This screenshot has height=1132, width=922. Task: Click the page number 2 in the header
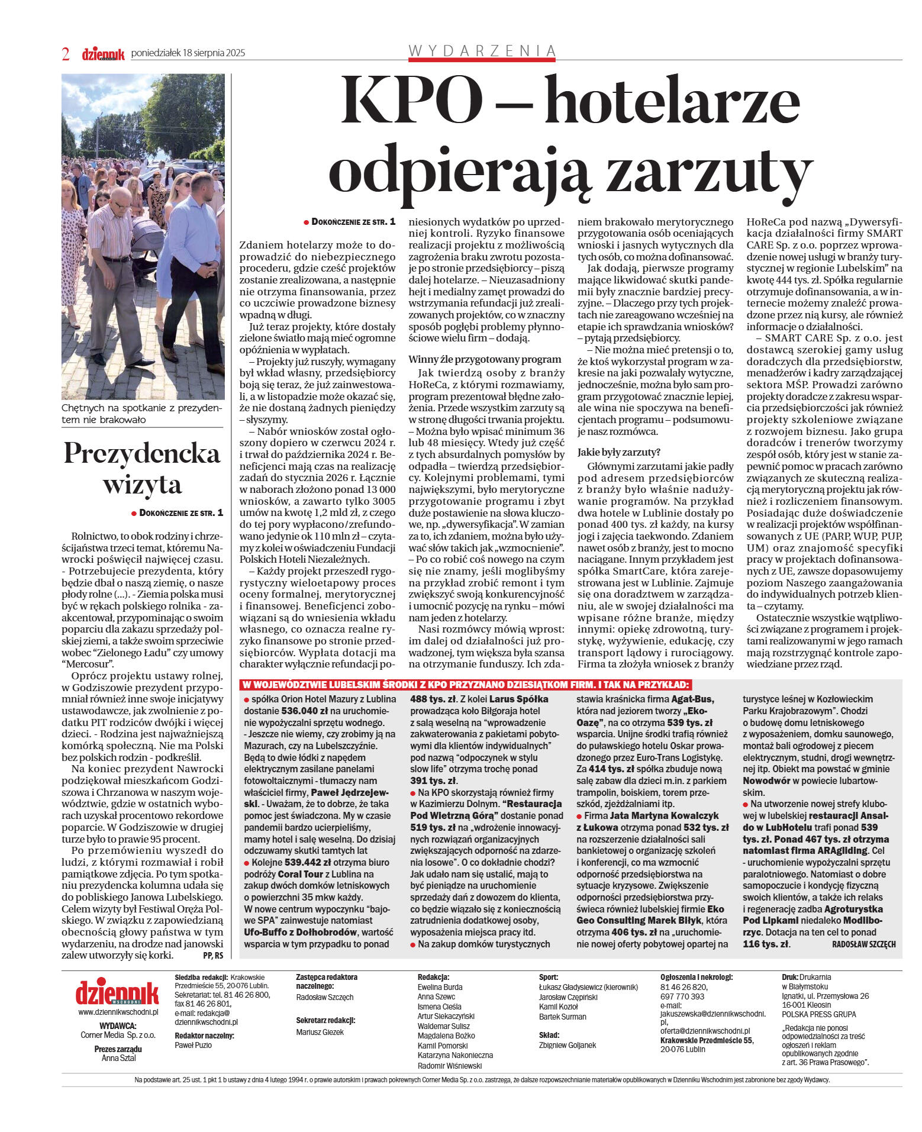(x=66, y=54)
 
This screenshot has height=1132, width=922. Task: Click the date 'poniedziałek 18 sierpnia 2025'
(x=188, y=53)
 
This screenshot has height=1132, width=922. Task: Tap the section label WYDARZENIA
(x=482, y=51)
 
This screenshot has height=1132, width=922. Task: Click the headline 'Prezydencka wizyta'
(x=142, y=467)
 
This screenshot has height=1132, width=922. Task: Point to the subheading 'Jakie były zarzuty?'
(x=618, y=452)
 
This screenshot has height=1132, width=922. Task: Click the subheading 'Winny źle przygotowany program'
(x=485, y=359)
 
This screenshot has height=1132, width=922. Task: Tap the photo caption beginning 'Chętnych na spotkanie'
(x=142, y=414)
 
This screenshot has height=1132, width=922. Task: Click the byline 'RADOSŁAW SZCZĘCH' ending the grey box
(x=863, y=944)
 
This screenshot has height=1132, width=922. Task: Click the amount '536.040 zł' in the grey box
(x=307, y=711)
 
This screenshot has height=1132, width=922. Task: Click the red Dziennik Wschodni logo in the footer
(x=117, y=993)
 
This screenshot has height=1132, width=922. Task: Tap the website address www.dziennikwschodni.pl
(x=118, y=1012)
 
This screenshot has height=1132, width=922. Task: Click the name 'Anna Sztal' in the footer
(x=118, y=1058)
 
